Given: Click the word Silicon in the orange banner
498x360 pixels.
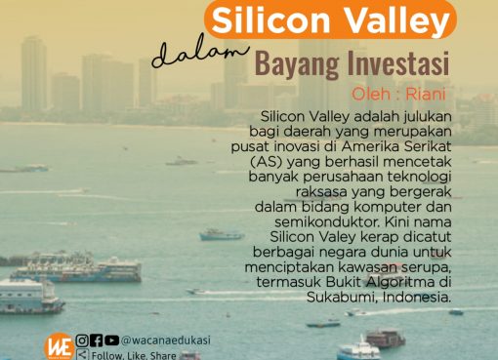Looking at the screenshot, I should tap(266, 20).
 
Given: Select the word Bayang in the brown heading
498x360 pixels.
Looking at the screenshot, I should tap(296, 65).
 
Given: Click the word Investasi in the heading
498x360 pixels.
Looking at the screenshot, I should tap(397, 65).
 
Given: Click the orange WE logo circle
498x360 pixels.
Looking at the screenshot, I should tap(58, 344).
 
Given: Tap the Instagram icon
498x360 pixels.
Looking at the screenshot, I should tap(82, 340).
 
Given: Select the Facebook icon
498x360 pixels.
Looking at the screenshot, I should tap(97, 340).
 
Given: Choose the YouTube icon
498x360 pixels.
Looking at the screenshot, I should tap(111, 340).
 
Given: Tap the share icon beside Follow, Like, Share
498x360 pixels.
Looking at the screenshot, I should tap(82, 355).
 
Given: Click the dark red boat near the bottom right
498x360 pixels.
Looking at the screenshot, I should tap(386, 338).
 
